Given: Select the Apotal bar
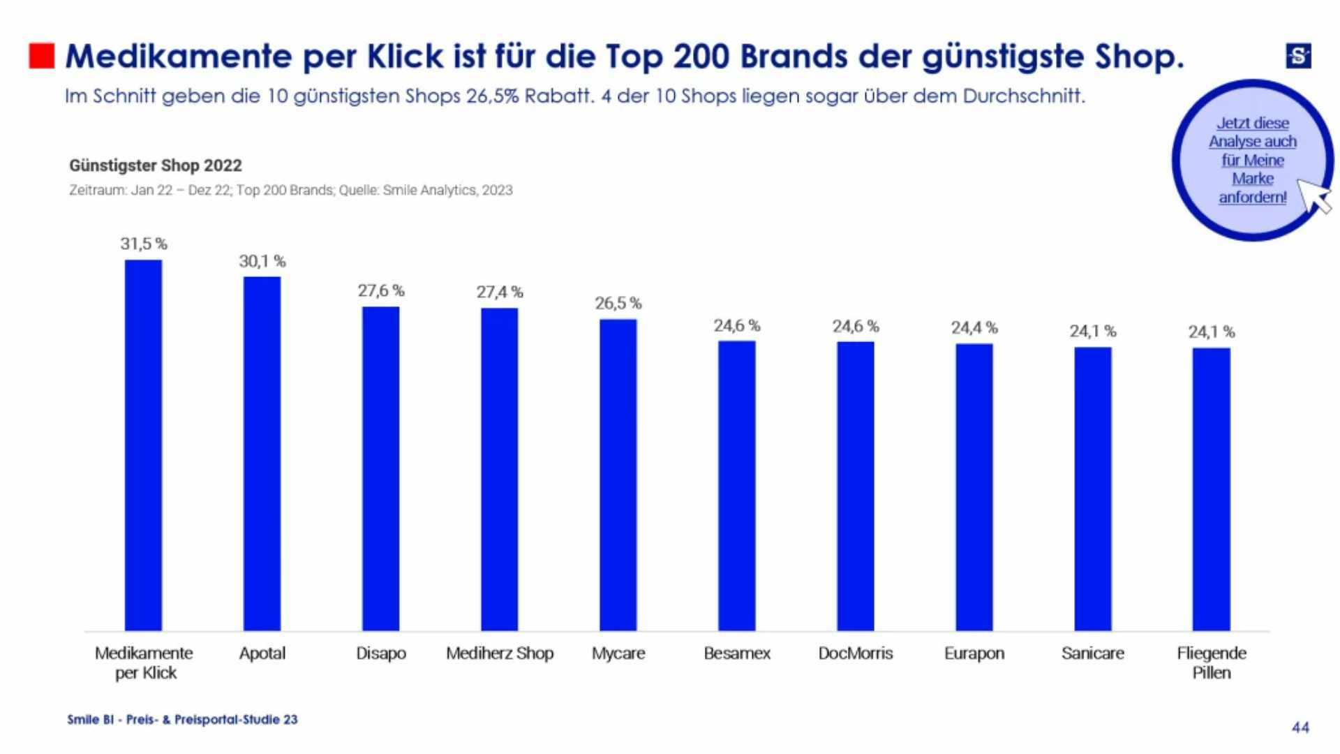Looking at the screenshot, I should point(262,454).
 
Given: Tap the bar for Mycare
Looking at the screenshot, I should point(618,475).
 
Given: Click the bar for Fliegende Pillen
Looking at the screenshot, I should point(1211,489).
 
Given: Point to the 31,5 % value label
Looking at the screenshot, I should point(144,244).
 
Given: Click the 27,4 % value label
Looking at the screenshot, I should point(500,292).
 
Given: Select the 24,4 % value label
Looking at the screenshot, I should point(974,327).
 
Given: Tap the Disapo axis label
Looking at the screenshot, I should point(380,653).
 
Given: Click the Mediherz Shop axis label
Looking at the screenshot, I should point(500,653).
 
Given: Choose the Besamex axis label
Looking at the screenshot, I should point(737,653).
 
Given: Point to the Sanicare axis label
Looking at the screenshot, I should point(1092,653).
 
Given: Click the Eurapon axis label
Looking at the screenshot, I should point(974,653).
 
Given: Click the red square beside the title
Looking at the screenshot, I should point(42,57).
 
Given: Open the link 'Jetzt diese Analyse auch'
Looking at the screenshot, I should point(1252,132).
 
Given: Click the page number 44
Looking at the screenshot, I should point(1300,727).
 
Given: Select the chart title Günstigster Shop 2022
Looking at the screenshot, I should point(156,165).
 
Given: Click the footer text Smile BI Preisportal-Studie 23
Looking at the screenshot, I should point(182,719).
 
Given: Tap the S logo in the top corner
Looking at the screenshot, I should point(1298,56).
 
